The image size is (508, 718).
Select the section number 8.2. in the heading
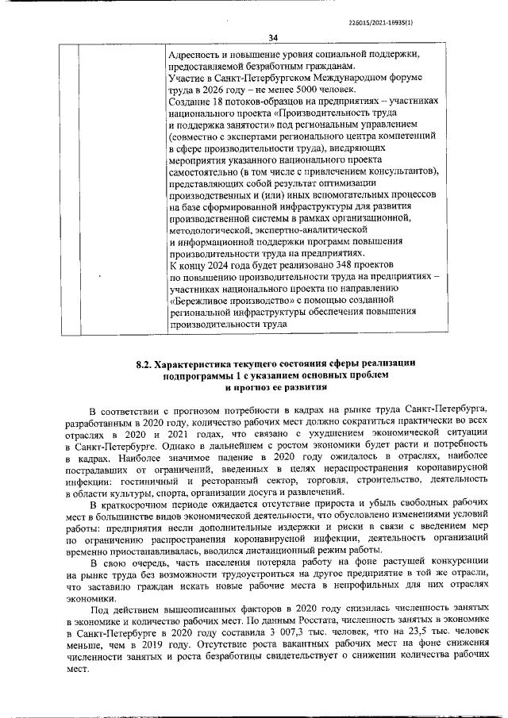coord(143,364)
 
